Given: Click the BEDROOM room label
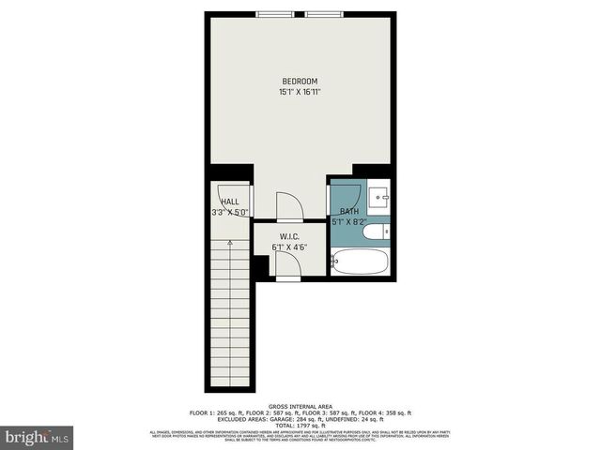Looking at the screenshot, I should [x=300, y=81].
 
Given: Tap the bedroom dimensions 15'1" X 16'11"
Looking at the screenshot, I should [x=300, y=92].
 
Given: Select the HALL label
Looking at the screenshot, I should [x=229, y=202].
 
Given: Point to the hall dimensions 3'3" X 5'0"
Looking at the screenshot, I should [x=230, y=213].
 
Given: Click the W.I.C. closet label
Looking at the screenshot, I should [x=289, y=236].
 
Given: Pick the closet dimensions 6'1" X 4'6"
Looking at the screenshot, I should [x=289, y=247].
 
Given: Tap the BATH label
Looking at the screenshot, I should [x=349, y=212].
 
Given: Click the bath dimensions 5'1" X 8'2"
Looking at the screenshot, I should [x=349, y=223].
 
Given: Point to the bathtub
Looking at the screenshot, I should [x=361, y=261].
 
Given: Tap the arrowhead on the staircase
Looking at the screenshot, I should [x=229, y=242].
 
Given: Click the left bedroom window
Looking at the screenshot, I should [x=276, y=13].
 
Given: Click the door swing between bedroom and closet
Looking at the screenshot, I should [x=287, y=206].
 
